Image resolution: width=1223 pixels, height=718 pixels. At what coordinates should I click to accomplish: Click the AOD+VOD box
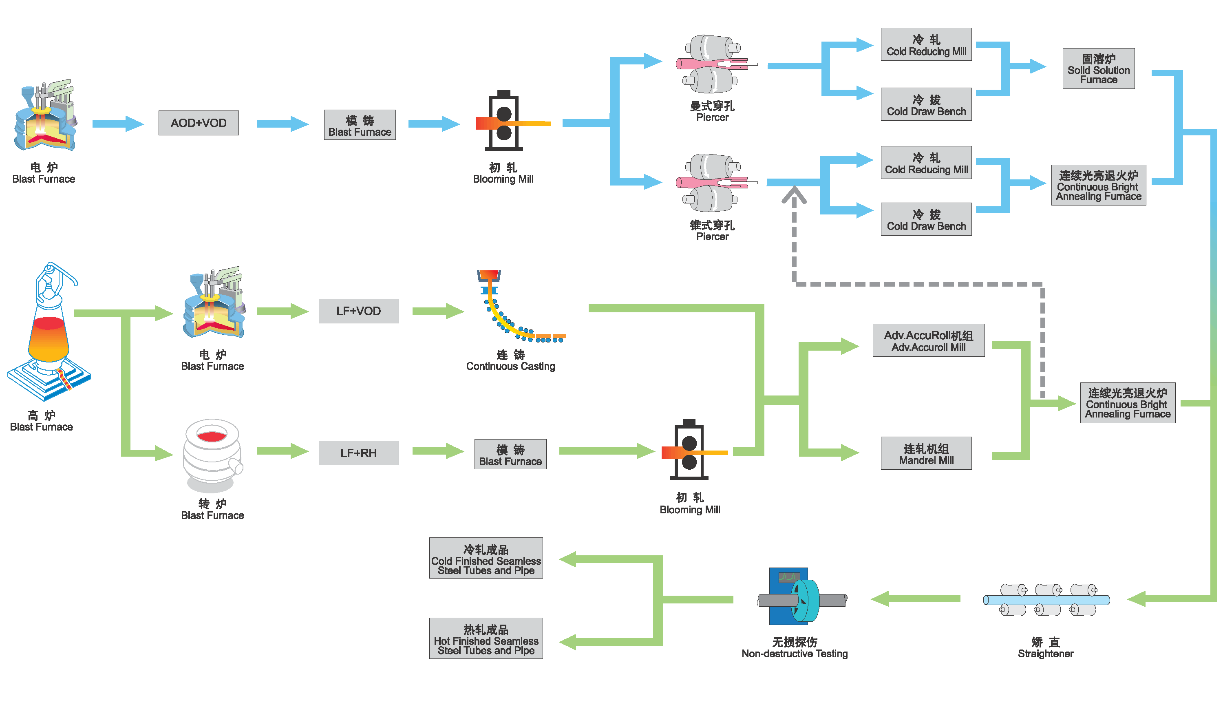point(198,123)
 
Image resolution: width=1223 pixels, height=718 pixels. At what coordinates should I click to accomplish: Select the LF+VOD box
point(358,311)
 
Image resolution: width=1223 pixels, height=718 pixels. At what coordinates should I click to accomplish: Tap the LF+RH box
point(358,453)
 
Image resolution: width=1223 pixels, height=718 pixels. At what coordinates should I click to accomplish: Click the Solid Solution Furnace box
point(1098,68)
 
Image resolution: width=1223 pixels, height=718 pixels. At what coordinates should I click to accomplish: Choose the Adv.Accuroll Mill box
point(928,340)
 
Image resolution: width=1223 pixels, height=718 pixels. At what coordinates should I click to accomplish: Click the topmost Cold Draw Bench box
point(925,104)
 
